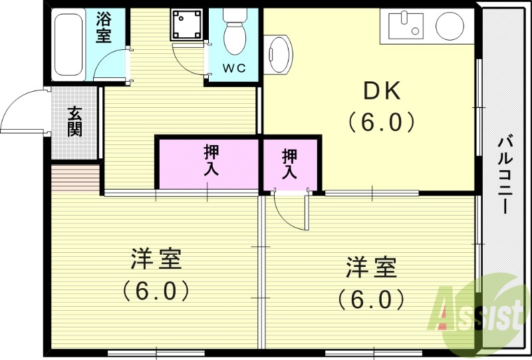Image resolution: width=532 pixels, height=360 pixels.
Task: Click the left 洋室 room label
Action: (156, 259)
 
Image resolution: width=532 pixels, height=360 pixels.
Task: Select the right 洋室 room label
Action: (371, 268)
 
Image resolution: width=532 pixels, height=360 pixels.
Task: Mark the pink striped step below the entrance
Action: (75, 178)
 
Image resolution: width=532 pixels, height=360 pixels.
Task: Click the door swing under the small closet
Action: (291, 212)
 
